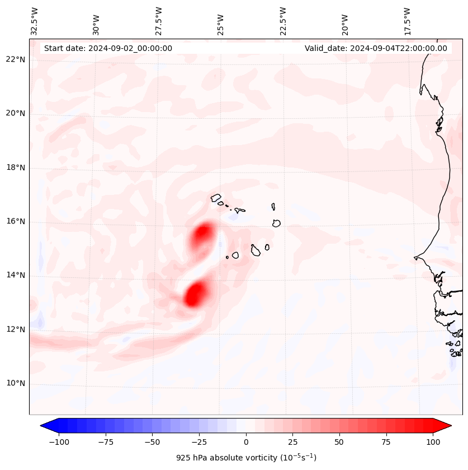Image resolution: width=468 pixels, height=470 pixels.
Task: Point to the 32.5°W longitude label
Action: click(x=35, y=21)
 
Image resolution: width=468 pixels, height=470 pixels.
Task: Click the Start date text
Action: click(x=108, y=48)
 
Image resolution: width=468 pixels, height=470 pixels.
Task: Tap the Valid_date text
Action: click(x=376, y=48)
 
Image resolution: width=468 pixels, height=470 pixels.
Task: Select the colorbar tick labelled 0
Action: click(x=245, y=442)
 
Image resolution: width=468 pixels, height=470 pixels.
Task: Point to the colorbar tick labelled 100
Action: click(x=432, y=442)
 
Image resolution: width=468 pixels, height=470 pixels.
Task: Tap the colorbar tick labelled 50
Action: click(x=339, y=442)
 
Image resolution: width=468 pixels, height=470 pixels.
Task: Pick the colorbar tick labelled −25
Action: click(x=198, y=442)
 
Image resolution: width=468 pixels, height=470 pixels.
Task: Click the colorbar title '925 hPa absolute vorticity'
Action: click(x=245, y=458)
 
